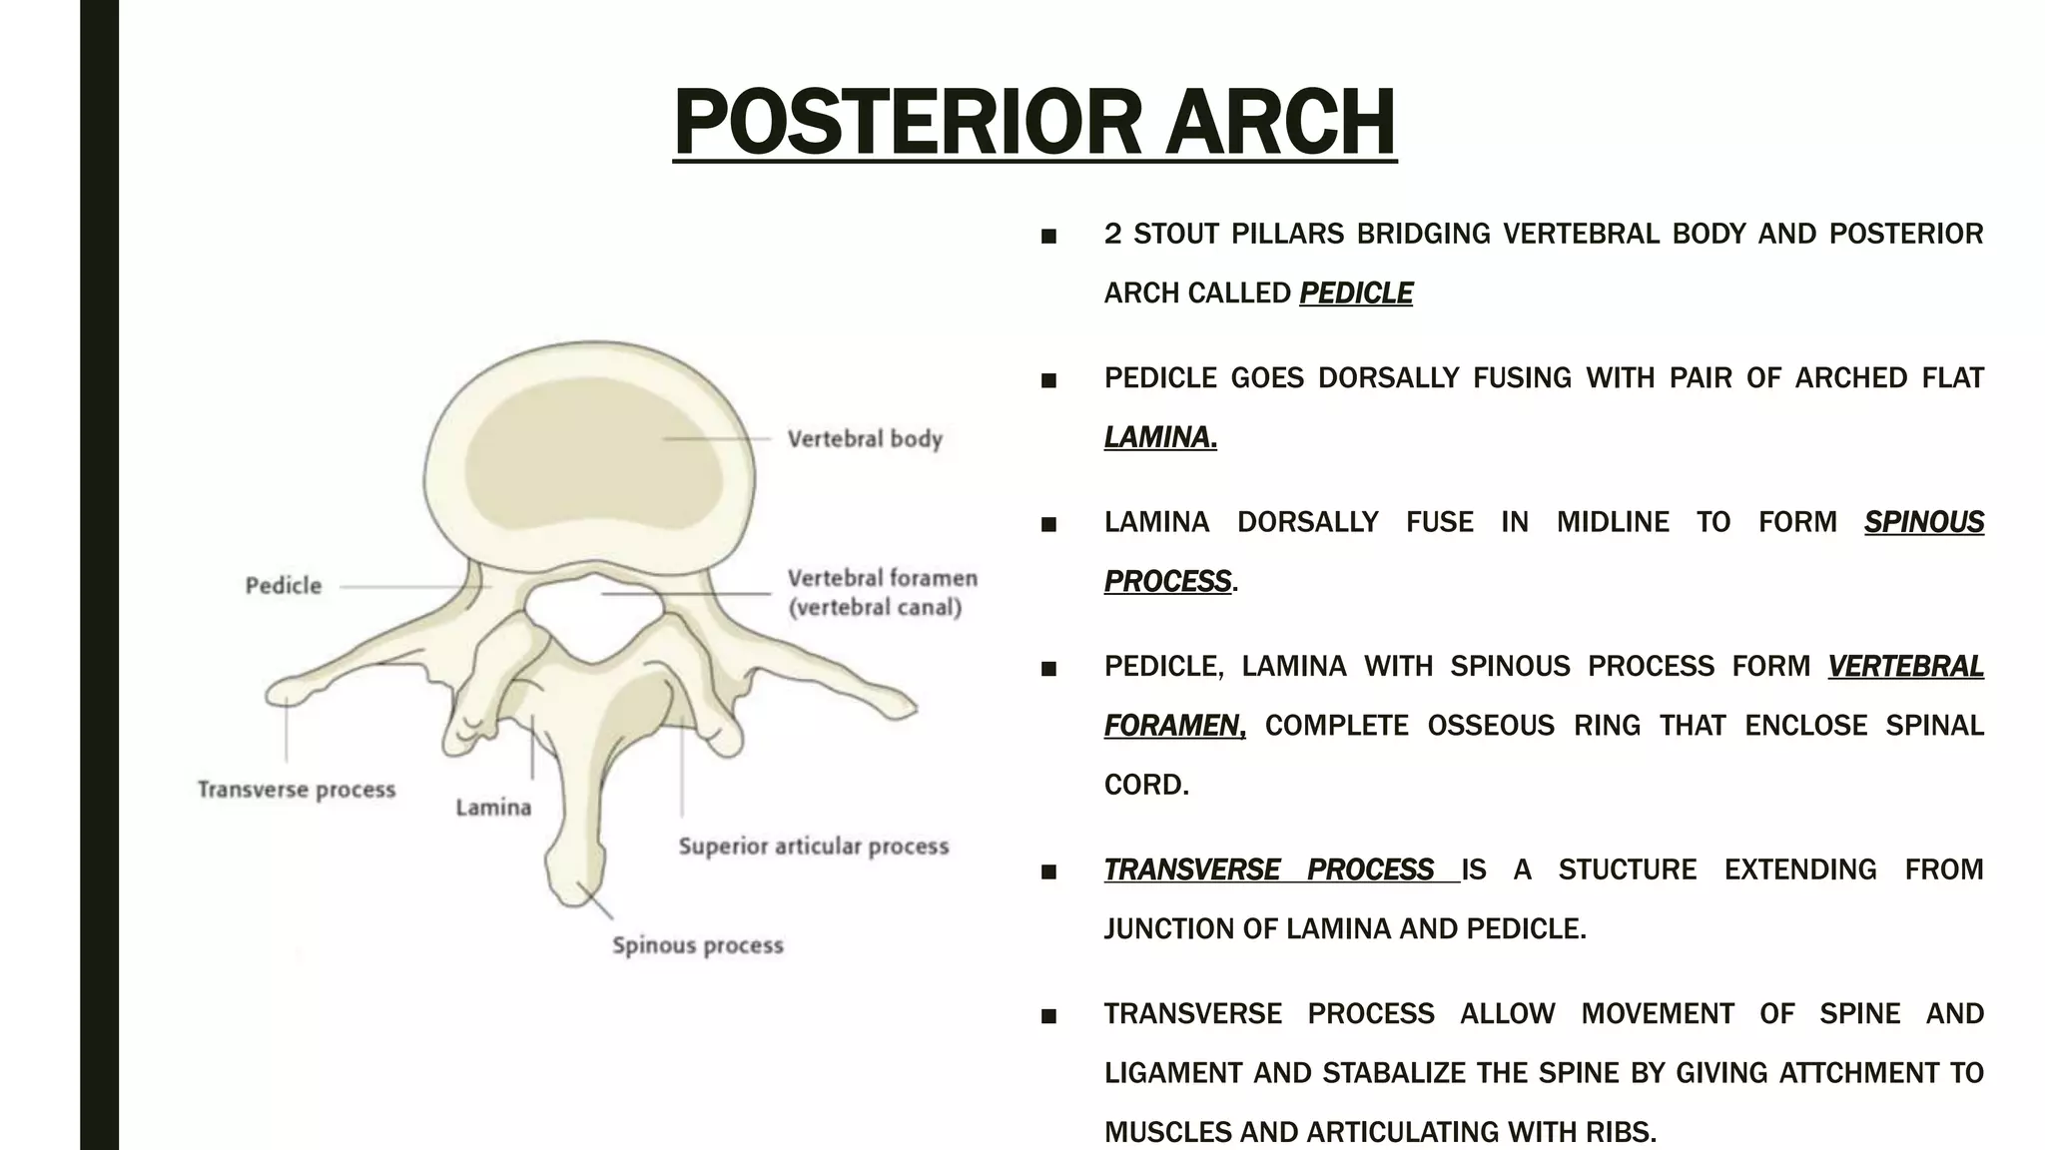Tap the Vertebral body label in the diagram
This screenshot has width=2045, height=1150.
865,439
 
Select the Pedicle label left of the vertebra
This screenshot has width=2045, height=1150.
284,586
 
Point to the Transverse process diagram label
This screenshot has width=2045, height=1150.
297,790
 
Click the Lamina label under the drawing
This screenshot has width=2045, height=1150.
493,808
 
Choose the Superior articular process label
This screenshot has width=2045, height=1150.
813,847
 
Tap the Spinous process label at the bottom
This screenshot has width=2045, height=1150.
697,945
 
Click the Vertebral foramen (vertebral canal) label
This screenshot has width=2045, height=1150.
881,593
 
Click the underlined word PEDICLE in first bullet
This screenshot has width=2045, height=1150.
1355,293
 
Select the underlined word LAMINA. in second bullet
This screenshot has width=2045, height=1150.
1160,437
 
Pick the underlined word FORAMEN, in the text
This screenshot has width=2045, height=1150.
1174,726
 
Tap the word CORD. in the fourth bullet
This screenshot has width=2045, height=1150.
1146,785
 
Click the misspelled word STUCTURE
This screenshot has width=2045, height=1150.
1627,869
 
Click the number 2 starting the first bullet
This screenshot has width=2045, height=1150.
1112,234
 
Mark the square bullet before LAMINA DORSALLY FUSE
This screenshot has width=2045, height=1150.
1048,524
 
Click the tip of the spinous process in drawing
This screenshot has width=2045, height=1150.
574,891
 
